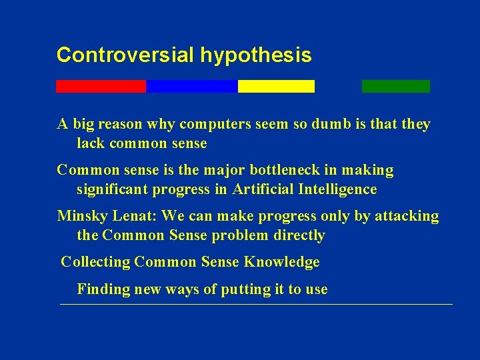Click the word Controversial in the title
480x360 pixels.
[x=125, y=55]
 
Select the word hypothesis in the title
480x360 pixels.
[x=255, y=56]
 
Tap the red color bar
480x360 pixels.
[x=101, y=86]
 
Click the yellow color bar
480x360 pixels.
[x=276, y=86]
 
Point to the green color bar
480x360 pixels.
[x=396, y=86]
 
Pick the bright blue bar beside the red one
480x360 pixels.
[x=191, y=86]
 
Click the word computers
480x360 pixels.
[x=215, y=125]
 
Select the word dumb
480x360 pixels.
[x=335, y=124]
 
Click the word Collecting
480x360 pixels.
[x=95, y=262]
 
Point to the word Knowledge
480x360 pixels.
[x=282, y=262]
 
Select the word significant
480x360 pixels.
[x=113, y=190]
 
